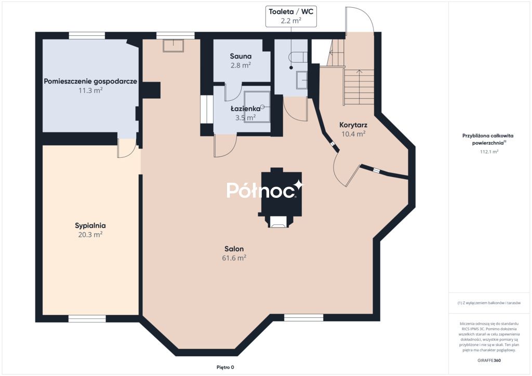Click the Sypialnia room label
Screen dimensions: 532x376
tap(90, 225)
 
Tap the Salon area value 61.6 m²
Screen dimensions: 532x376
tap(234, 258)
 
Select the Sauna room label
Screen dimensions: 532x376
tap(241, 56)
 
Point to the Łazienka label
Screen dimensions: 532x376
tap(245, 109)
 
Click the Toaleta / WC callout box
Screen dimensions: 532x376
tap(291, 16)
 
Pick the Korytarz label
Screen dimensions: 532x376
tap(353, 125)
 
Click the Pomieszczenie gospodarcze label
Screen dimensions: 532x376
tap(90, 82)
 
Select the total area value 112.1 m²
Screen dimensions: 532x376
tap(489, 152)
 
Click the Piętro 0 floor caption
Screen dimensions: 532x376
tap(225, 367)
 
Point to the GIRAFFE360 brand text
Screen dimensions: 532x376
tap(489, 360)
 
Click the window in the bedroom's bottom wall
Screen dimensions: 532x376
tap(87, 319)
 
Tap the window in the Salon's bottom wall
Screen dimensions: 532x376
tap(303, 318)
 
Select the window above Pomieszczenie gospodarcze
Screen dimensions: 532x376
tap(87, 36)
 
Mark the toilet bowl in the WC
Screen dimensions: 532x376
tap(298, 57)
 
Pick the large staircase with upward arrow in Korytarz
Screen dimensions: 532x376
tap(358, 87)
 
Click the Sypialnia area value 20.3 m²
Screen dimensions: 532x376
tap(90, 235)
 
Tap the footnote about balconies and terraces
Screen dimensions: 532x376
tap(489, 303)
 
